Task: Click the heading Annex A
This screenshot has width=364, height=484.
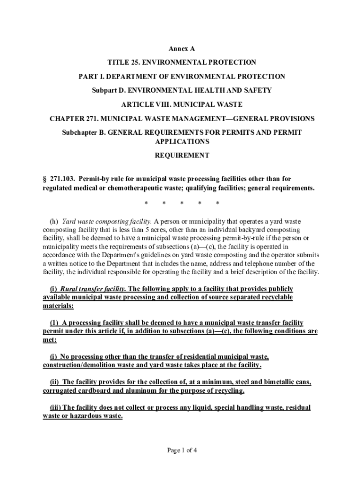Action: [182, 49]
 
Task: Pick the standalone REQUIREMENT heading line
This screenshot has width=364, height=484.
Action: [182, 155]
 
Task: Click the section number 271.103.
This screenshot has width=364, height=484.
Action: [62, 179]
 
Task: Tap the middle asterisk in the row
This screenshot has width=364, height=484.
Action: [182, 204]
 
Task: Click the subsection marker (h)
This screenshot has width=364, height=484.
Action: [54, 221]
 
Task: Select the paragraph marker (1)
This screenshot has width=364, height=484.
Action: [54, 322]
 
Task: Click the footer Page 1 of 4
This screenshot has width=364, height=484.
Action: [182, 450]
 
